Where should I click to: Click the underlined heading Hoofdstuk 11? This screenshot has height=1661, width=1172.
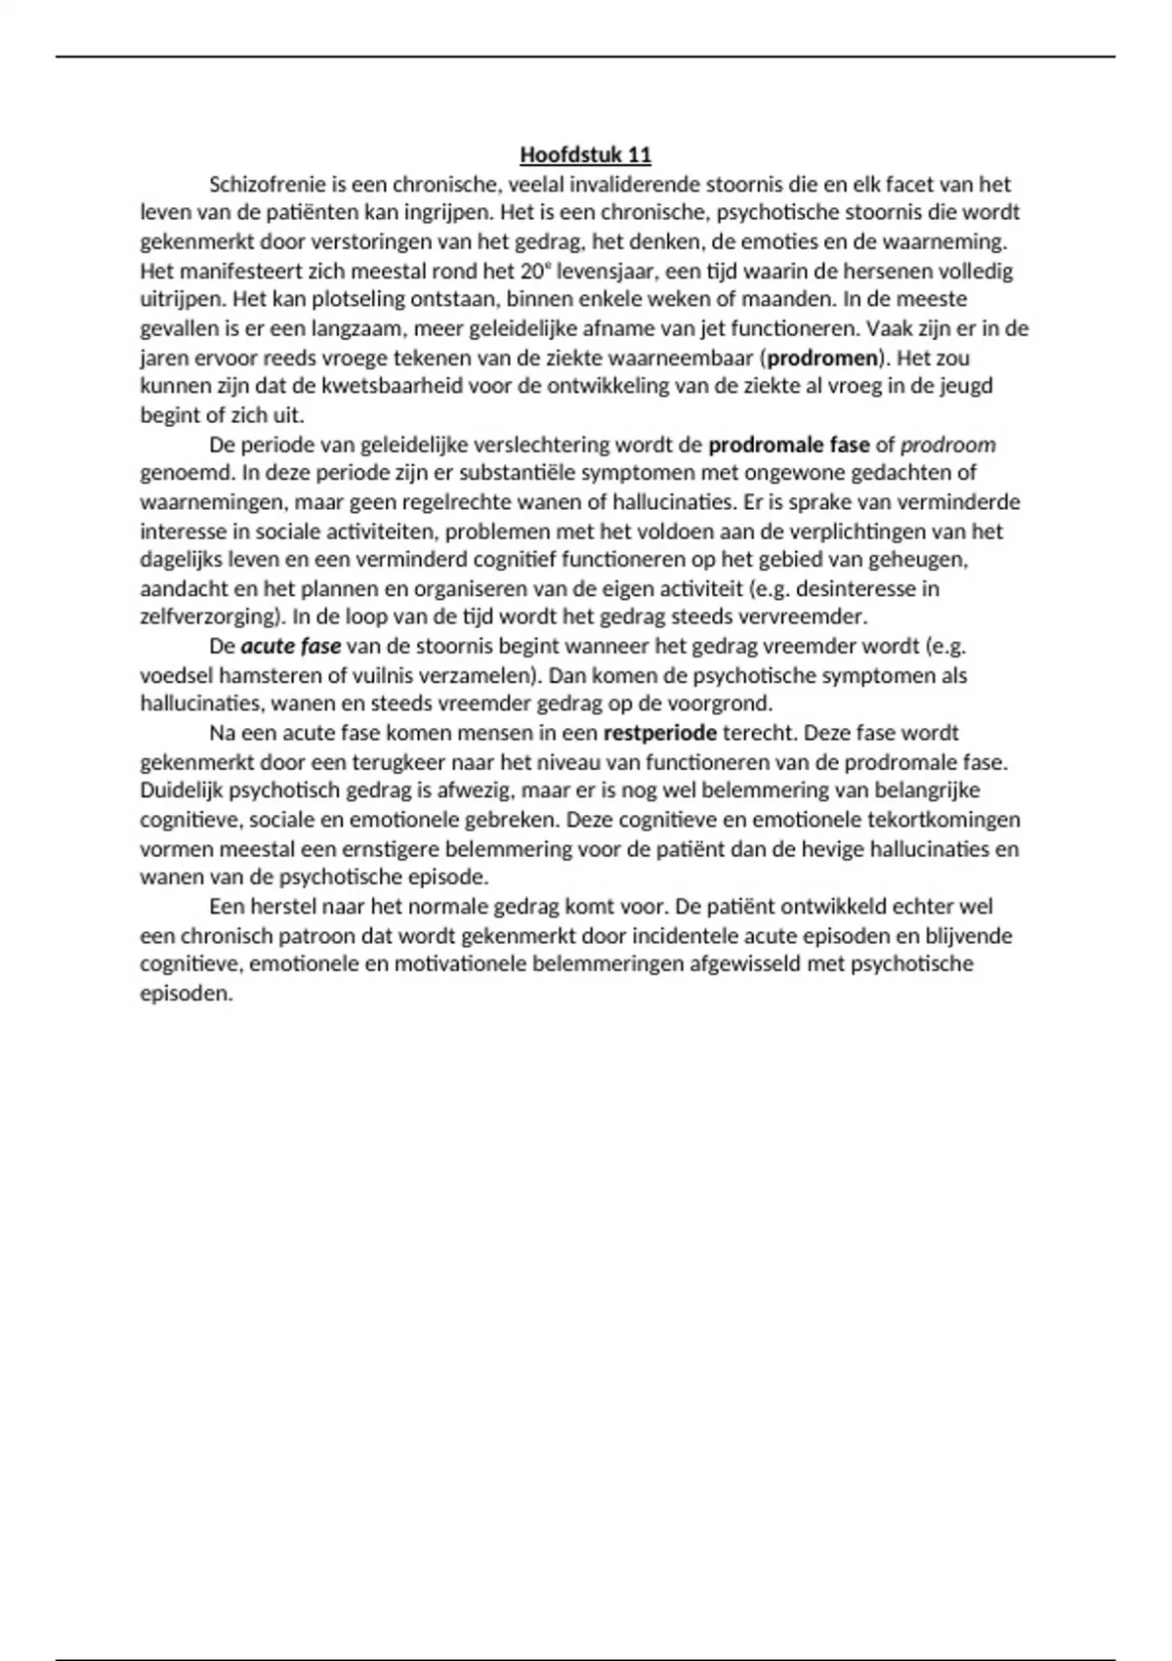[x=585, y=155]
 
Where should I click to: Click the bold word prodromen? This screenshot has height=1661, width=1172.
[x=822, y=358]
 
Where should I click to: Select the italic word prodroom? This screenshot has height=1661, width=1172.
[x=947, y=446]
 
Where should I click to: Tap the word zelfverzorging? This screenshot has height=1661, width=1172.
[x=207, y=618]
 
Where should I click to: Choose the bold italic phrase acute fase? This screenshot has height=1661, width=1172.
[x=291, y=647]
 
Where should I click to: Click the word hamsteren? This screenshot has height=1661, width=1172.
[x=264, y=676]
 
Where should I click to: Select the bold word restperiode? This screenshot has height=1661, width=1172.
[x=660, y=734]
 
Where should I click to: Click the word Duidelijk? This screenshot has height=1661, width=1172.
[x=182, y=790]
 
